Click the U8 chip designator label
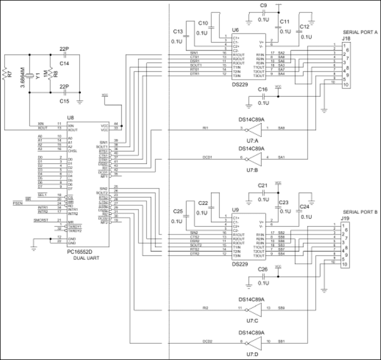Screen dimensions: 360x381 [70, 117]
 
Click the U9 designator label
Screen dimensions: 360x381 [235, 209]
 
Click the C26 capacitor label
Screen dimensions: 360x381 [263, 269]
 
